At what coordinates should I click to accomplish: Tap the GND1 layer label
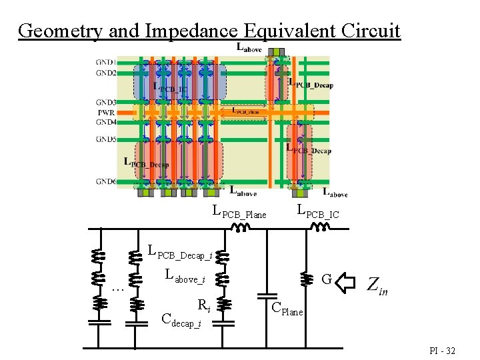point(106,63)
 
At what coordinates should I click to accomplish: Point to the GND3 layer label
point(106,103)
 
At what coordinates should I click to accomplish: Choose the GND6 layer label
point(106,181)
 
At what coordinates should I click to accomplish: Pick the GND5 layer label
point(106,139)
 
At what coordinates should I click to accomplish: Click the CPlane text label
point(287,310)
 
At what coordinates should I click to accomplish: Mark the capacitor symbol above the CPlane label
point(269,294)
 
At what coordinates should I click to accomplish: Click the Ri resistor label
point(204,305)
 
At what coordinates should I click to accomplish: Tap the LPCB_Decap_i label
point(180,253)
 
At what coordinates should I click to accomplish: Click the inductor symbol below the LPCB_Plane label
point(239,227)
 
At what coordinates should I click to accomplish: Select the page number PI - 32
point(441,350)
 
